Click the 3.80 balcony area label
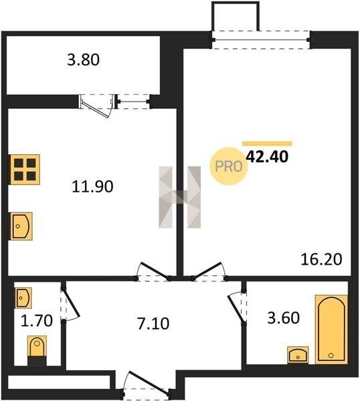(x=83, y=60)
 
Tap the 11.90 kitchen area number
(x=92, y=186)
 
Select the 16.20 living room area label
(x=321, y=259)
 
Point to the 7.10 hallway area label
(x=153, y=323)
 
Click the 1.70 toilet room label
(x=37, y=321)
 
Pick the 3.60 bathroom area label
(x=284, y=318)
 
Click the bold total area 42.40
(x=267, y=156)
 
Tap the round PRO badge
(x=229, y=166)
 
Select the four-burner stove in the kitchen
(x=25, y=169)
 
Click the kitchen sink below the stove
(x=21, y=226)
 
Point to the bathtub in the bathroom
(x=331, y=329)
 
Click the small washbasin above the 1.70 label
(x=23, y=297)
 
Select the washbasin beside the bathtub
(x=298, y=354)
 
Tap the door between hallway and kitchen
(x=153, y=271)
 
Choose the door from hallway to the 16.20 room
(x=209, y=271)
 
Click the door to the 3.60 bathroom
(x=237, y=308)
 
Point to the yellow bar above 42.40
(x=267, y=144)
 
